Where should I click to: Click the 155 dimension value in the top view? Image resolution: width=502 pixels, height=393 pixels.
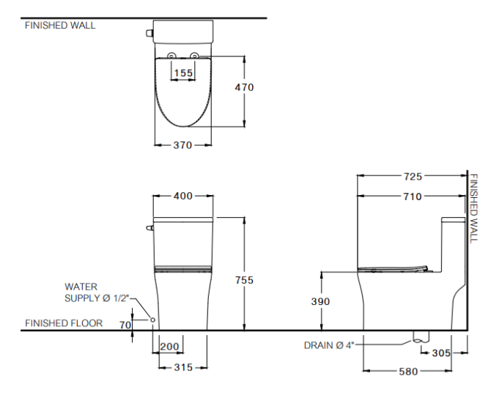(183, 73)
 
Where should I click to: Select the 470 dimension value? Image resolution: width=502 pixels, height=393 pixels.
(244, 87)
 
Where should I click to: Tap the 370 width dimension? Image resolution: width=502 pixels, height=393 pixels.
(182, 145)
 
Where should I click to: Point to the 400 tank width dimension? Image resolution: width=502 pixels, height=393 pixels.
(182, 196)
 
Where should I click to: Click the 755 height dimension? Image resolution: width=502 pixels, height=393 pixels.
(244, 280)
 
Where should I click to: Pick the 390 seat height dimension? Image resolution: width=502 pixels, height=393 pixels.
(320, 301)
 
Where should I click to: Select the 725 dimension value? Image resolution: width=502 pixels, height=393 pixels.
(413, 177)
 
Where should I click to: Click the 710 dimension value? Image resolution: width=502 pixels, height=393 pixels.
(413, 196)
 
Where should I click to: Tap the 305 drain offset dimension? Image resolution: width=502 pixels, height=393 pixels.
(441, 353)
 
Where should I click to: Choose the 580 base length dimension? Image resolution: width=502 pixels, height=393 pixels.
(408, 372)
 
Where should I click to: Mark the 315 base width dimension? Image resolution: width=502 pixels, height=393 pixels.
(182, 367)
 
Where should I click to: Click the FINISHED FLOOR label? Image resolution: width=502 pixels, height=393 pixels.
(64, 323)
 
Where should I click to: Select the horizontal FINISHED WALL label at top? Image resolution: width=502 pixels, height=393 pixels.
(60, 25)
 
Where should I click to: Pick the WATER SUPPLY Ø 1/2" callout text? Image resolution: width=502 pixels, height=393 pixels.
(96, 292)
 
